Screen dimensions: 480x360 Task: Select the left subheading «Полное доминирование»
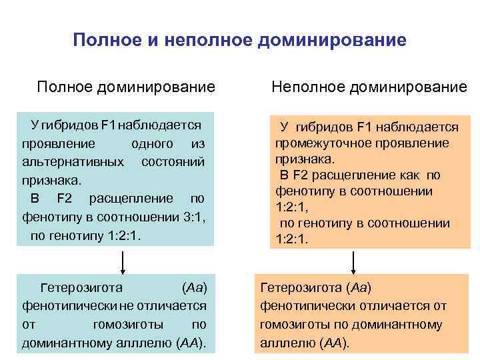(x=126, y=87)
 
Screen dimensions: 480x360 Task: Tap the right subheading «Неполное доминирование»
(x=369, y=87)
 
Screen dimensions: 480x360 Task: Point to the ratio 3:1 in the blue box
(x=199, y=217)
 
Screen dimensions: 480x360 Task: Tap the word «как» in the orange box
(x=409, y=175)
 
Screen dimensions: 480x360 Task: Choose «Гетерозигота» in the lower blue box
(x=81, y=288)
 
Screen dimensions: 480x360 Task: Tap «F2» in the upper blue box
(x=65, y=199)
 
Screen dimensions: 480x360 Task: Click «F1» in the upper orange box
(x=369, y=127)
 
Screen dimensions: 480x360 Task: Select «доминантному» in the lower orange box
(x=399, y=325)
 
